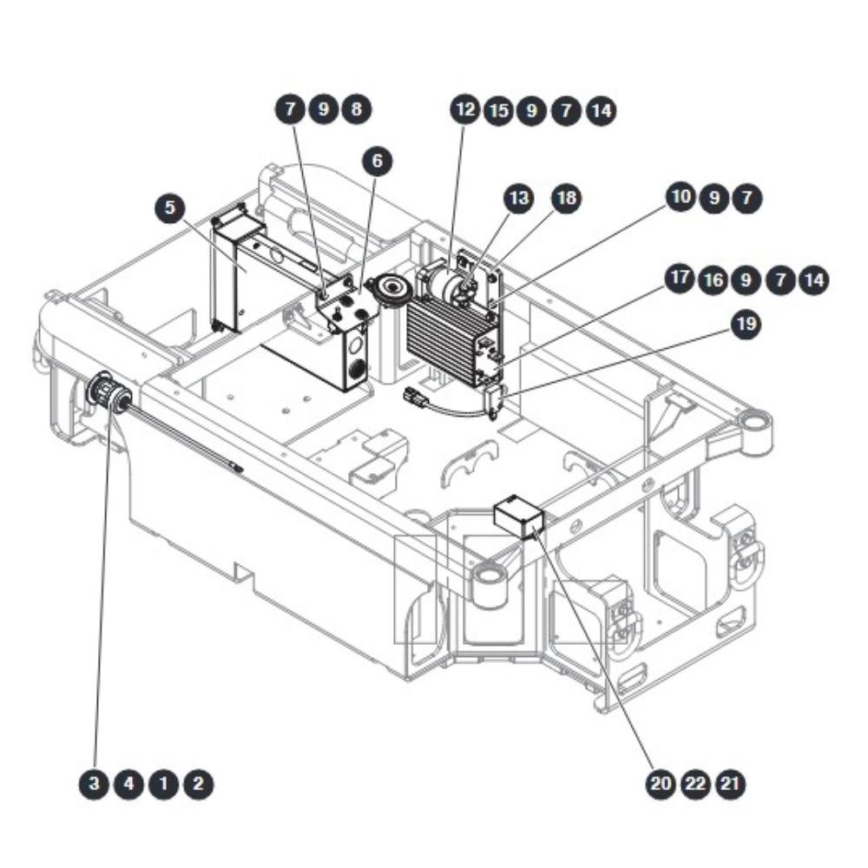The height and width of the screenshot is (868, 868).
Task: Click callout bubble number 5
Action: point(170,207)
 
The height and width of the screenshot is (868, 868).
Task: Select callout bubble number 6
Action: point(377,161)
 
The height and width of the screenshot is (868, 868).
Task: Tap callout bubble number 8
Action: point(357,108)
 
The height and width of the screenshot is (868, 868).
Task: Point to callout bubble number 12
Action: point(465,109)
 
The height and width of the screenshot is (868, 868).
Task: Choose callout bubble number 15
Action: point(499,111)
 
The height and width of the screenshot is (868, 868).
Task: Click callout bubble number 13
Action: point(519,198)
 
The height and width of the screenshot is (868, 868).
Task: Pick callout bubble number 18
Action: point(566,198)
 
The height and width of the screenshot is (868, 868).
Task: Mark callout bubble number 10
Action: point(681,196)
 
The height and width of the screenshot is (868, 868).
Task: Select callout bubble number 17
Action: point(680,278)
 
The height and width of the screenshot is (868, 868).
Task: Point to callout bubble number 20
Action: point(661,784)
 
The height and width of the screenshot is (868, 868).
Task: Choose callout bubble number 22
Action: point(696,784)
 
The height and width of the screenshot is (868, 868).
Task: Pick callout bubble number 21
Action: point(731,784)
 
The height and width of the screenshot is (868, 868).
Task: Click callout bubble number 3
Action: point(94,784)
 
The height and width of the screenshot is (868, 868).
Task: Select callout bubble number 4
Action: point(128,784)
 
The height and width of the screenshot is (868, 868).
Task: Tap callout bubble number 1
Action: point(163,784)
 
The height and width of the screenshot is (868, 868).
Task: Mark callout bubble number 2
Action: point(198,784)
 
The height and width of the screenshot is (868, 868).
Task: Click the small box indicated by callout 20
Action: point(519,516)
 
